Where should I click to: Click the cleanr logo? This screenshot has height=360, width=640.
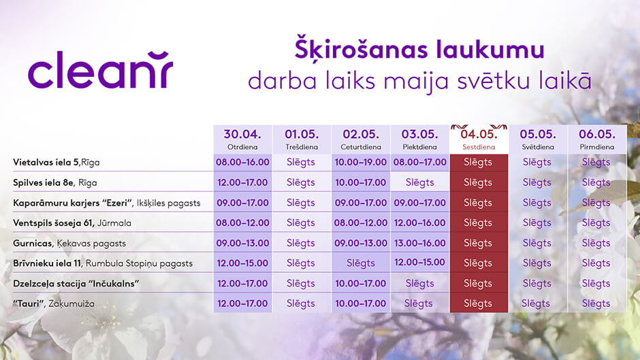pyautogui.click(x=100, y=70)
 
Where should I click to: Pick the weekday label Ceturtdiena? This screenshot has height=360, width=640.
pyautogui.click(x=361, y=147)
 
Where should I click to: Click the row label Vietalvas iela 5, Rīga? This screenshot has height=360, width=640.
pyautogui.click(x=57, y=163)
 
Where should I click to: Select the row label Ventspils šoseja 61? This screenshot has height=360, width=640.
pyautogui.click(x=54, y=223)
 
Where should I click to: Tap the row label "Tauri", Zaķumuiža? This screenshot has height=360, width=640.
pyautogui.click(x=54, y=304)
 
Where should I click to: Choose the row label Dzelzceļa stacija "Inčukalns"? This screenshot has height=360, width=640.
pyautogui.click(x=76, y=284)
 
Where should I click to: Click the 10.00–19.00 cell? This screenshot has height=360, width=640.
pyautogui.click(x=361, y=163)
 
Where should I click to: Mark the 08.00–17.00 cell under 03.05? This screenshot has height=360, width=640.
pyautogui.click(x=420, y=163)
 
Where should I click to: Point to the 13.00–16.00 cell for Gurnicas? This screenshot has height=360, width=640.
pyautogui.click(x=420, y=243)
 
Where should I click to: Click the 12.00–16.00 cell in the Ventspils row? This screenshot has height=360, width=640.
pyautogui.click(x=420, y=223)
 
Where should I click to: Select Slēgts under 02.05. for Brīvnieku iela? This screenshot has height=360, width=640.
pyautogui.click(x=361, y=263)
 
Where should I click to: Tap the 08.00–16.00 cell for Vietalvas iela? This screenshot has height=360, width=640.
pyautogui.click(x=242, y=163)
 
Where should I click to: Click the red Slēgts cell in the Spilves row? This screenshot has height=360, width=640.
pyautogui.click(x=479, y=182)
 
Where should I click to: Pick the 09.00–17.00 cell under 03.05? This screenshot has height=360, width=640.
pyautogui.click(x=420, y=203)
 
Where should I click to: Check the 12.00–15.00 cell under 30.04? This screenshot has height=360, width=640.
pyautogui.click(x=242, y=263)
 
